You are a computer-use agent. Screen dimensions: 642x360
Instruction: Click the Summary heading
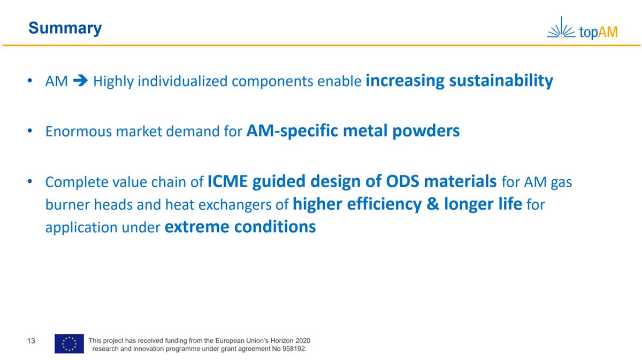[65, 28]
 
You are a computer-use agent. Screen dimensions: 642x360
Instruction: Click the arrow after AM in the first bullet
[81, 81]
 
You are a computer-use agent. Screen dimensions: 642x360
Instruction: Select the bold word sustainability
[501, 81]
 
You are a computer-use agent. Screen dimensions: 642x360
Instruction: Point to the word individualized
[182, 81]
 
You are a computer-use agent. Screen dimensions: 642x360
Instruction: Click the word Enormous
[78, 131]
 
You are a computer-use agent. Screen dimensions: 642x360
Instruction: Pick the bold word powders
[426, 131]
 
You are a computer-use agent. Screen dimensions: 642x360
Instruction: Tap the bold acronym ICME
[227, 181]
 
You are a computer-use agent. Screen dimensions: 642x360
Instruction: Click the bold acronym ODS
[402, 181]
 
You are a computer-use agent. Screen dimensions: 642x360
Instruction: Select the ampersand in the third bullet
[433, 204]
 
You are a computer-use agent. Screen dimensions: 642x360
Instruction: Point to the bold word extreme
[197, 227]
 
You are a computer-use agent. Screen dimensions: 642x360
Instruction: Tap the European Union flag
[69, 343]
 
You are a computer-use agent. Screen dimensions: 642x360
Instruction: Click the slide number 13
[31, 341]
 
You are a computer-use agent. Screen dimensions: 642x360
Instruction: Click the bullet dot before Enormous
[30, 131]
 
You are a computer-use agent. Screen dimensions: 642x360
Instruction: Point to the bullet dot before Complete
[30, 182]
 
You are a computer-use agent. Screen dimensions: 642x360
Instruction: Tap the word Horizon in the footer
[284, 341]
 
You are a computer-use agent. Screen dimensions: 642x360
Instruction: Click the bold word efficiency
[384, 204]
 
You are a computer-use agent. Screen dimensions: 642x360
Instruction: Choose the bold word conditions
[275, 227]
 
